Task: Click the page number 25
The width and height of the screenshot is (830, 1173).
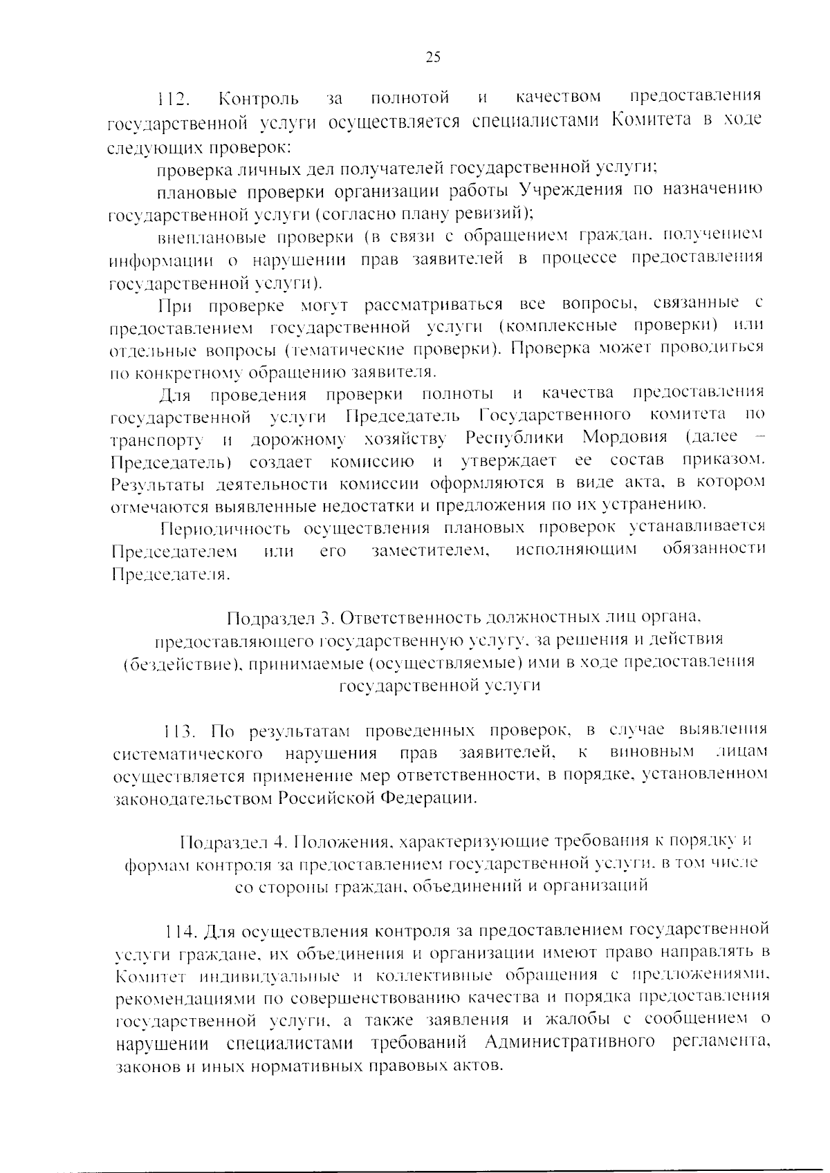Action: click(x=433, y=57)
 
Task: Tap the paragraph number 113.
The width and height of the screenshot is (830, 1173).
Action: click(x=182, y=731)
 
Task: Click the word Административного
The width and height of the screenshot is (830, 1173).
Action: click(x=570, y=1042)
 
